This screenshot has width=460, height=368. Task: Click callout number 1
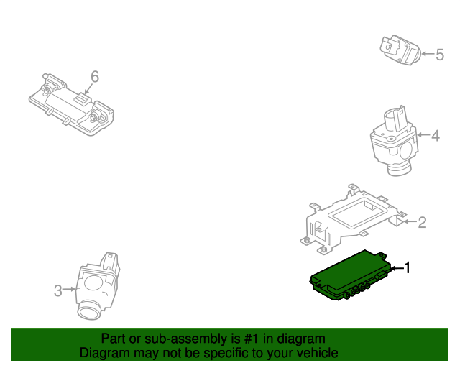(x=407, y=268)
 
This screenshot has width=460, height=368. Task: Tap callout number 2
(x=422, y=222)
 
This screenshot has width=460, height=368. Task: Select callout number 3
(x=58, y=290)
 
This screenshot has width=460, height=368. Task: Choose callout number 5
(x=440, y=54)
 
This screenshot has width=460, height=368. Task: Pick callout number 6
(x=94, y=76)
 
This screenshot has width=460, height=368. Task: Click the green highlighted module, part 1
(x=349, y=277)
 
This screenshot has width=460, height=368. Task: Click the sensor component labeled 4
(x=394, y=140)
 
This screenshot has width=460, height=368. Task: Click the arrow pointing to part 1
(x=396, y=268)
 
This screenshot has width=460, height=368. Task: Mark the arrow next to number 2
(x=410, y=222)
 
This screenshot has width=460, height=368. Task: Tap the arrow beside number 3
(x=70, y=290)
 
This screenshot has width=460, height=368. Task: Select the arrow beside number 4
(x=423, y=135)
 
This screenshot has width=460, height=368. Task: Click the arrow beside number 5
(x=428, y=54)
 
